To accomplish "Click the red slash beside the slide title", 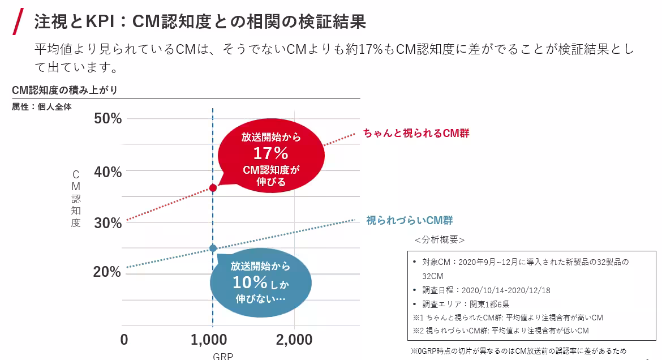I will (x=18, y=22).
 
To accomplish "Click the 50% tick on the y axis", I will (x=108, y=119).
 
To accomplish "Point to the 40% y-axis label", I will (x=108, y=172).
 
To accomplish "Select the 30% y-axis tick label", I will (x=108, y=223).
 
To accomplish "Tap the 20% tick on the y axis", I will (x=108, y=272).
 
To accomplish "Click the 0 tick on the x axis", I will (x=124, y=340).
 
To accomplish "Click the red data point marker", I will (x=213, y=188).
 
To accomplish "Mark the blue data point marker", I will (x=213, y=248).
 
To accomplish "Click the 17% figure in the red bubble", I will (x=270, y=153).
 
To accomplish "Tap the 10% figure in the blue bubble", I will (x=249, y=282).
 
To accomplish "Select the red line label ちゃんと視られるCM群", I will (x=416, y=134).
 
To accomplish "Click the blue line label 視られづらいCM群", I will (x=410, y=220).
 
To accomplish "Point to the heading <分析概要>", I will (x=440, y=240).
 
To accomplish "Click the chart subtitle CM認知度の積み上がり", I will (x=65, y=91).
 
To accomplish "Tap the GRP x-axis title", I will (x=223, y=356).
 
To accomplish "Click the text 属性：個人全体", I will (x=42, y=106).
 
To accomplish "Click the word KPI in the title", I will (x=100, y=22).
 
